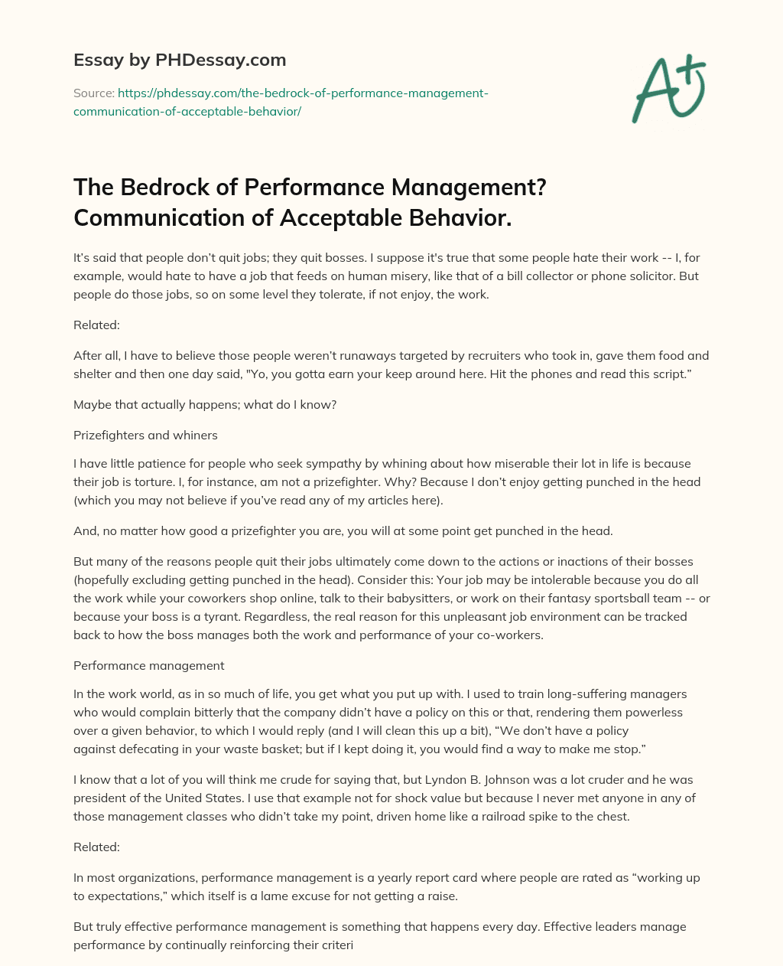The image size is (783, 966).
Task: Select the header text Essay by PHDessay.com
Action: pos(180,60)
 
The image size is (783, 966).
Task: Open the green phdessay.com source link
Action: pos(281,102)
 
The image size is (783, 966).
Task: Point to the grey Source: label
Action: pos(93,93)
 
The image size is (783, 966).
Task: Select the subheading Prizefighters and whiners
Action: pos(145,435)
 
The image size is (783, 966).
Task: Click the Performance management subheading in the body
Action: pos(148,665)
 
